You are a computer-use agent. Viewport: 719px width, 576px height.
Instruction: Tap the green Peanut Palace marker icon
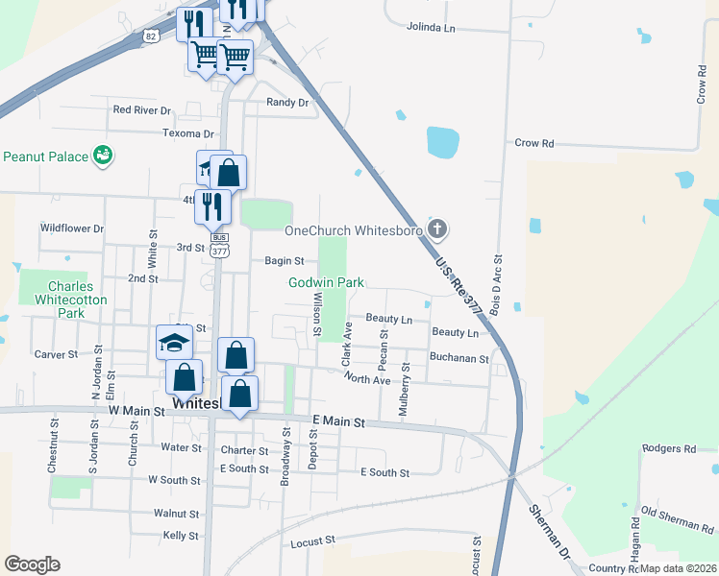click(102, 155)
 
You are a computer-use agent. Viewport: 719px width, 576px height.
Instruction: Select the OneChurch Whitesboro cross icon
click(437, 228)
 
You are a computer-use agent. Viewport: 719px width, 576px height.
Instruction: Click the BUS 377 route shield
click(218, 244)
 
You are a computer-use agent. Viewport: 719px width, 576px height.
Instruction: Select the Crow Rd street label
click(534, 143)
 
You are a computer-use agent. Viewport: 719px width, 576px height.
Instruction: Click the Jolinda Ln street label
click(431, 27)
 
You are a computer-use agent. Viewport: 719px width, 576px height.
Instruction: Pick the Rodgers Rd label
click(668, 448)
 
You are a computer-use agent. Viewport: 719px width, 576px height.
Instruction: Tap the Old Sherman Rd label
click(677, 521)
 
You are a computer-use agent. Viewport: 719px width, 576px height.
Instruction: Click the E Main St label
click(339, 421)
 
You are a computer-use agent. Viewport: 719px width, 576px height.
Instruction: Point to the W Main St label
click(137, 411)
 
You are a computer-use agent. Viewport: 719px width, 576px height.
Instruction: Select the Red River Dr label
click(141, 110)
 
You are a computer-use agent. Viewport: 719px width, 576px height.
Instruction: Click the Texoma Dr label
click(187, 133)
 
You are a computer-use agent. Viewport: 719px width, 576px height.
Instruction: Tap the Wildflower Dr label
click(71, 228)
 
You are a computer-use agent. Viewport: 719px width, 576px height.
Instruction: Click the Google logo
click(32, 564)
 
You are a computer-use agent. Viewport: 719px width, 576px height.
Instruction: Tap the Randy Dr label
click(288, 103)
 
